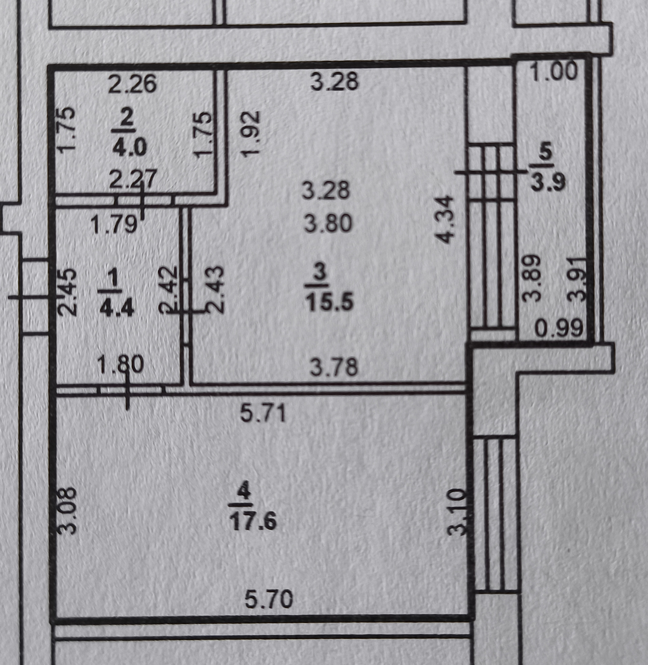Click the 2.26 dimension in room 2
click(132, 84)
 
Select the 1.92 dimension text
click(251, 134)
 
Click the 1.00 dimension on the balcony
click(554, 72)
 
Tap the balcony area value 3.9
click(548, 182)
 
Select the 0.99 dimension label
click(559, 329)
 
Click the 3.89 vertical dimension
click(532, 278)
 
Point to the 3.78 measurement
click(334, 367)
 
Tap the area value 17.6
click(253, 522)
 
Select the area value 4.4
click(116, 309)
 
